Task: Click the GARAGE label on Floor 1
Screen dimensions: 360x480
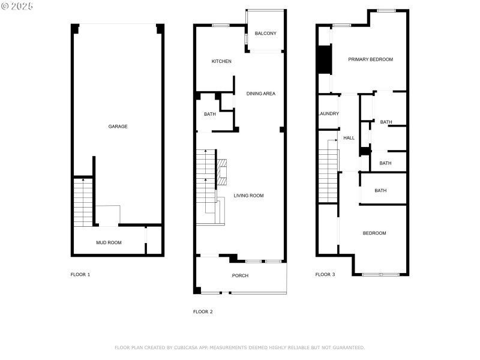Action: coord(118,127)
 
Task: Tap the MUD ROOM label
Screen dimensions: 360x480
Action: coord(109,243)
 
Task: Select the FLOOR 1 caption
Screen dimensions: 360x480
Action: coord(80,275)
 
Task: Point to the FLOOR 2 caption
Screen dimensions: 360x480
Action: coord(203,311)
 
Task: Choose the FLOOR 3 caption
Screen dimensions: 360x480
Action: coord(325,275)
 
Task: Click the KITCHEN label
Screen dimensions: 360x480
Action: coord(221,61)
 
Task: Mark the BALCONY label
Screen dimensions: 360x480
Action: coord(265,34)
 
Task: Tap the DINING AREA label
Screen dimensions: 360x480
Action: coord(261,94)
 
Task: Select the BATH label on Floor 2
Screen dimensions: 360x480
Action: coord(209,114)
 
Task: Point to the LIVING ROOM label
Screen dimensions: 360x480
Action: coord(248,196)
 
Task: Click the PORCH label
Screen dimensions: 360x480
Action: coord(240,275)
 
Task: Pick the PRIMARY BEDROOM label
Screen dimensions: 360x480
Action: coord(371,59)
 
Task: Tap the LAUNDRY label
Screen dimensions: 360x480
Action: coord(328,113)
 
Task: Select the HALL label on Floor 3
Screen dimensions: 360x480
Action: coord(349,138)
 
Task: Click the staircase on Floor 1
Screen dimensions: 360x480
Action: coord(82,202)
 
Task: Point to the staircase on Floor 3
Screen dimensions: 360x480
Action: coord(328,171)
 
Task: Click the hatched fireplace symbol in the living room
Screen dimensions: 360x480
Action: coord(222,172)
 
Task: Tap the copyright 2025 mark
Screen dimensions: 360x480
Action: coord(17,6)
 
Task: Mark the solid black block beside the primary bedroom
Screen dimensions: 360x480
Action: coord(324,60)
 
